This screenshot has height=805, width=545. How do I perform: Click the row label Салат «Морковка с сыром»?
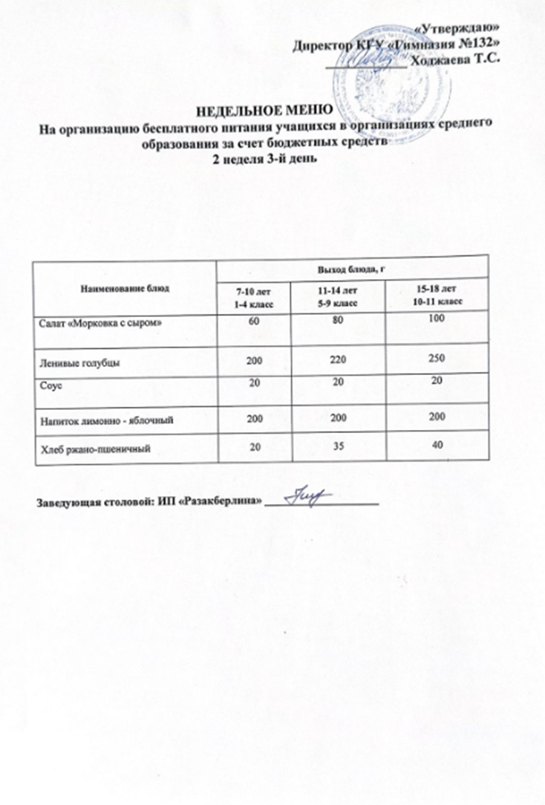tap(99, 325)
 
